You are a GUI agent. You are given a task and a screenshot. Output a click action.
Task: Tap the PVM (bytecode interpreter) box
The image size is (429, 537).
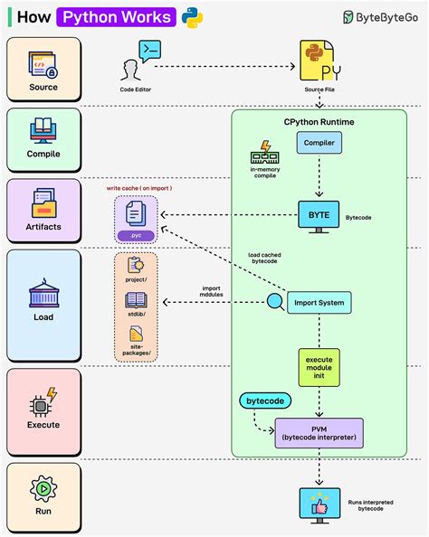coord(319,433)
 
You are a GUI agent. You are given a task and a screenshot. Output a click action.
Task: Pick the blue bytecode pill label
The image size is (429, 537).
coord(263,400)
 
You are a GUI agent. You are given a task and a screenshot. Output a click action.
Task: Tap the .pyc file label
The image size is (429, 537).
coord(135,236)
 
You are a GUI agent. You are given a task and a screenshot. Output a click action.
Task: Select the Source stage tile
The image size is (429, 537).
coord(43,69)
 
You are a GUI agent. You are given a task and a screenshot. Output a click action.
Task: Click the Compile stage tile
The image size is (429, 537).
coord(43,140)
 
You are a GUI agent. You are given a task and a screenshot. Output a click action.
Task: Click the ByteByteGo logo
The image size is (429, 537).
coord(381,17)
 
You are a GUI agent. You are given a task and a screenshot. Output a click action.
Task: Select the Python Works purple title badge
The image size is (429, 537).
coord(116,17)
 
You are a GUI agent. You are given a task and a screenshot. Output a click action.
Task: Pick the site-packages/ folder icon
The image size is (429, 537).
coord(136,334)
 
